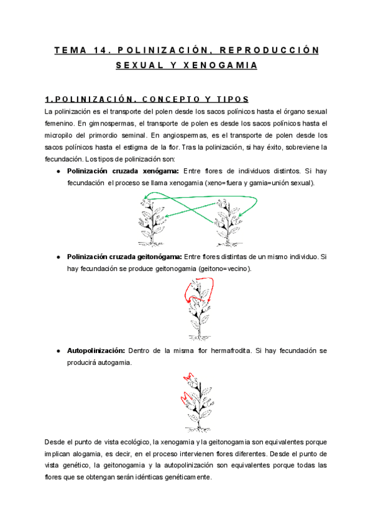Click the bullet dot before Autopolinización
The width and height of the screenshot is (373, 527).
[58, 351]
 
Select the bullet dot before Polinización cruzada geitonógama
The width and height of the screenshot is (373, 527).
[58, 257]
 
